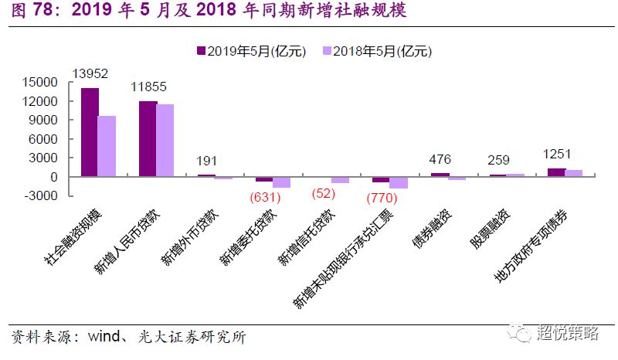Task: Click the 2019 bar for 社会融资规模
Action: point(90,132)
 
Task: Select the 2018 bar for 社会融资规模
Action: point(107,146)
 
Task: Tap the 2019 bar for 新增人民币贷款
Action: point(148,139)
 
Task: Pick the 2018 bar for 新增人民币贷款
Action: point(165,141)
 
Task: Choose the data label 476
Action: point(441,160)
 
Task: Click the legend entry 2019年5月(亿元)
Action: point(252,51)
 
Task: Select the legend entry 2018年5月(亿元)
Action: point(376,51)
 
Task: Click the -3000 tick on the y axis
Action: point(42,195)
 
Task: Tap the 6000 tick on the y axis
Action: point(45,139)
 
